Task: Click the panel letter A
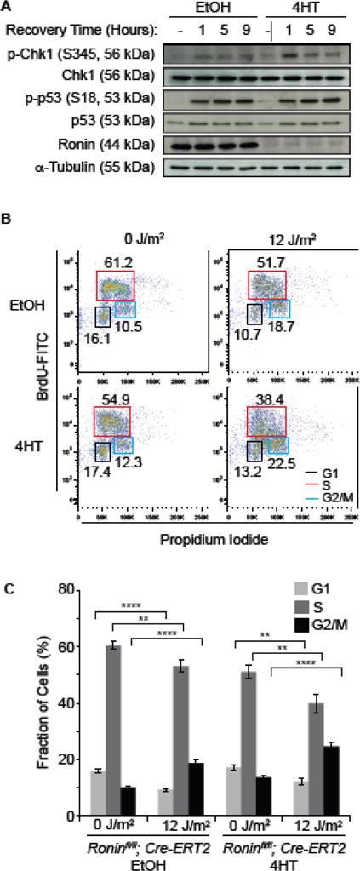click(x=8, y=8)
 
